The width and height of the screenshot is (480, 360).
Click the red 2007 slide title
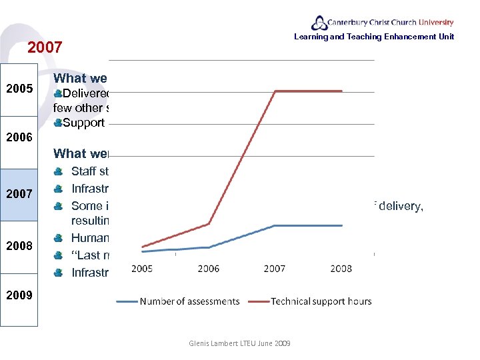[x=45, y=47]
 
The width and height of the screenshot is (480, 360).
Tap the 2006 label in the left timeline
[x=20, y=137]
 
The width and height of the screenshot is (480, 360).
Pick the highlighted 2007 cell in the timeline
[x=20, y=194]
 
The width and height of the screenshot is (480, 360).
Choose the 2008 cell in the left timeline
[x=20, y=245]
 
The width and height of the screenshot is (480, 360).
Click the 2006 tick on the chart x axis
[x=209, y=269]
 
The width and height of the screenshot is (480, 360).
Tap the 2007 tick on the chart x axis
[x=275, y=269]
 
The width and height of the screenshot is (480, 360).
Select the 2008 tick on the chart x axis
[x=340, y=269]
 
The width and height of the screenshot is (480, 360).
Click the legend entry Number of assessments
[x=178, y=301]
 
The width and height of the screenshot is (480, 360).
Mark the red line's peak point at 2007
[x=275, y=91]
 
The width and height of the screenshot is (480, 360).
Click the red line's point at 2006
[x=209, y=223]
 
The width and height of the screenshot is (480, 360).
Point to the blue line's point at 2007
[x=275, y=225]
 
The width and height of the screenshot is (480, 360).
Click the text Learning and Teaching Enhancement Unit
[x=373, y=37]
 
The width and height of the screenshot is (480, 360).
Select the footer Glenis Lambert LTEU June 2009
[x=239, y=343]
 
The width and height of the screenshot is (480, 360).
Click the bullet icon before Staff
[x=59, y=171]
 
